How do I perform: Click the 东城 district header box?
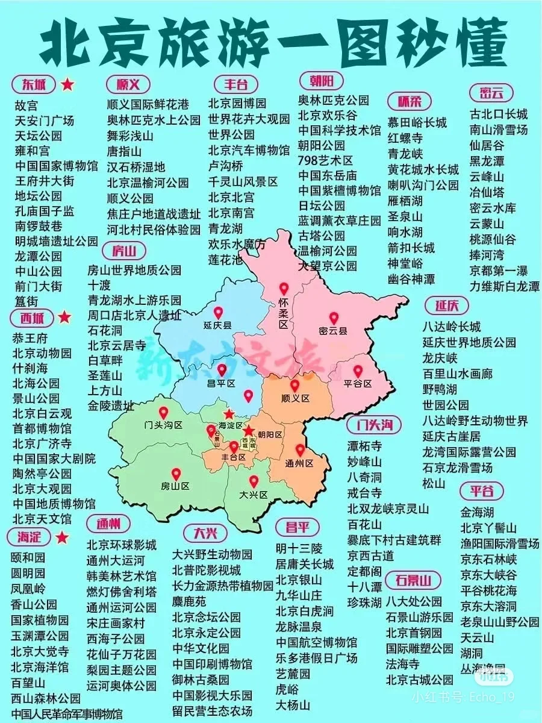click(x=33, y=84)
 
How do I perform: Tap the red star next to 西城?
click(x=64, y=317)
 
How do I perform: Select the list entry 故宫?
click(x=26, y=105)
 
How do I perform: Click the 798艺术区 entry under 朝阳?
click(x=325, y=160)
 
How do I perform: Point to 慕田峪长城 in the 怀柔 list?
click(x=417, y=122)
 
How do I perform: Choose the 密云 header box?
click(x=491, y=93)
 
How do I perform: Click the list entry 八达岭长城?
click(x=451, y=327)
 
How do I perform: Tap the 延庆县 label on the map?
click(x=217, y=325)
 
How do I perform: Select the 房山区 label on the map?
click(x=175, y=486)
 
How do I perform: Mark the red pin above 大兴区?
click(x=254, y=481)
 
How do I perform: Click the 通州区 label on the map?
click(x=300, y=463)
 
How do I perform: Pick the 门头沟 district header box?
click(x=374, y=425)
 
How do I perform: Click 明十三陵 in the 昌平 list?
click(x=299, y=548)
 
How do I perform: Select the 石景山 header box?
click(x=413, y=580)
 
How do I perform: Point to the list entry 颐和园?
click(x=28, y=557)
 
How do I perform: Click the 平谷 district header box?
click(x=482, y=491)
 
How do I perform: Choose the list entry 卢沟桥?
click(x=226, y=166)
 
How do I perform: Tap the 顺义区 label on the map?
click(x=295, y=398)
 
